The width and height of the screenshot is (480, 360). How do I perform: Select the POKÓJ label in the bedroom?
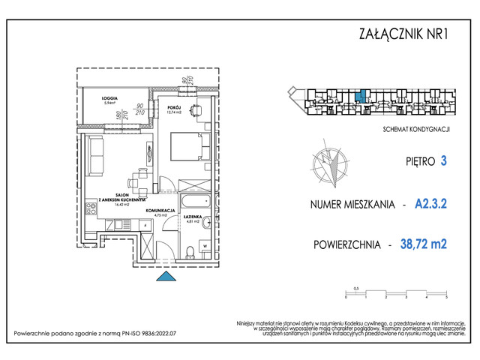[173, 107]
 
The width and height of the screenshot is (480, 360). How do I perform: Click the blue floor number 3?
[444, 160]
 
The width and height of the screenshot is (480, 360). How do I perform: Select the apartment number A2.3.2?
[430, 202]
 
